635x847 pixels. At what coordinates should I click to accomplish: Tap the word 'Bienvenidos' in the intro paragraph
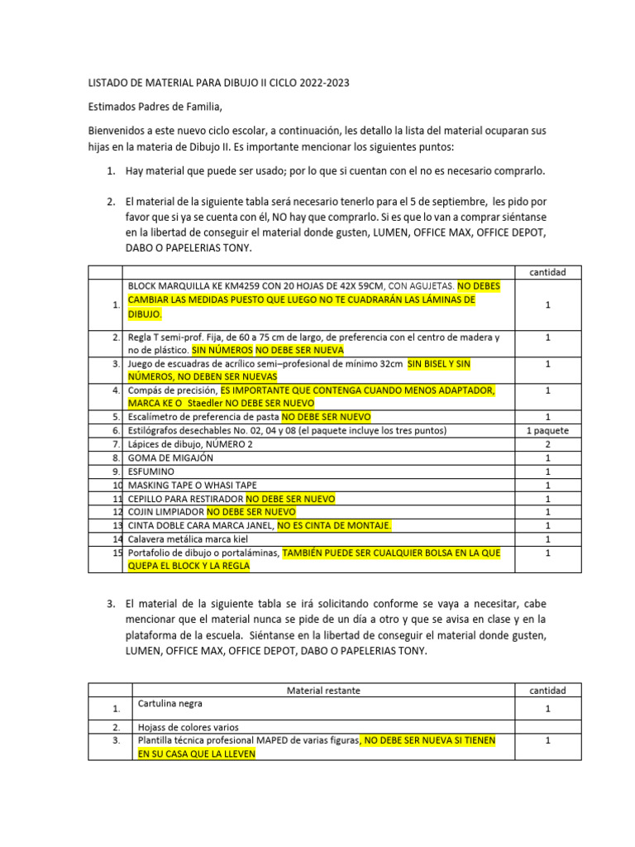point(118,131)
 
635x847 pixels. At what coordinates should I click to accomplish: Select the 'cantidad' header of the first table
point(547,272)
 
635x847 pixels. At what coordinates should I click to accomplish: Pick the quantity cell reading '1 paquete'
point(547,430)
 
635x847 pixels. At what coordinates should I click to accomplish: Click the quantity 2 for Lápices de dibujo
point(547,444)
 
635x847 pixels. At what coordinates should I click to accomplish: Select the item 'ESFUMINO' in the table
point(151,471)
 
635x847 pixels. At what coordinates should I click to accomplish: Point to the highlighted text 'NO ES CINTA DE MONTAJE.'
point(334,525)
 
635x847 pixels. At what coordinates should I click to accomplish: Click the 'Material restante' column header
point(322,690)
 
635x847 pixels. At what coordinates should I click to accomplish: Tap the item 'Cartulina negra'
point(170,703)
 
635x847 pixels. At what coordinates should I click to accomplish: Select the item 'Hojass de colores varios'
point(188,728)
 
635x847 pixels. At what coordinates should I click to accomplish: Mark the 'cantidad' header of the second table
point(547,690)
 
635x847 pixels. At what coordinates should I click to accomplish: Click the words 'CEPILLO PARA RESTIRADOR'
point(185,499)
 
